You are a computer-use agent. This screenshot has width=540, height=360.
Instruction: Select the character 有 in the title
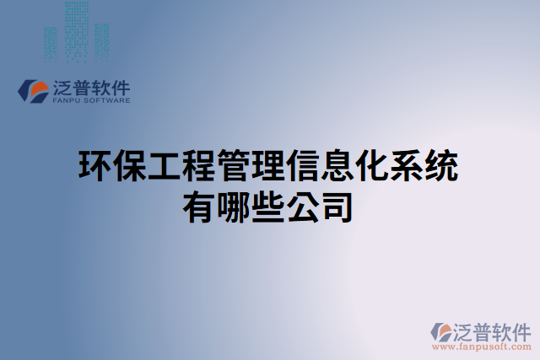199,207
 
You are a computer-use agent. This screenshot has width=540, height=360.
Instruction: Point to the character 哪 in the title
234,207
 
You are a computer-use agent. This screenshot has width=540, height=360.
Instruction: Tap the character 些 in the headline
269,207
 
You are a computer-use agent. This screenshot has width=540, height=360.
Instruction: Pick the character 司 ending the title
338,207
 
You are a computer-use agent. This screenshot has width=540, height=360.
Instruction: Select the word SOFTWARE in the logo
107,99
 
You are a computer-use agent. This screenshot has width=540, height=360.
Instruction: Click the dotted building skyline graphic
76,34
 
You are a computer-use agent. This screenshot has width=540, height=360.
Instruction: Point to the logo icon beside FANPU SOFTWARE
34,91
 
